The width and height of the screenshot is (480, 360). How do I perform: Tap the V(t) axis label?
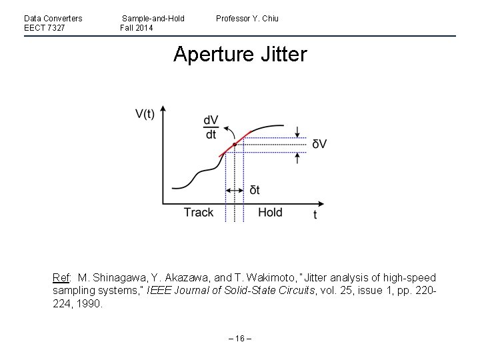[x=145, y=114]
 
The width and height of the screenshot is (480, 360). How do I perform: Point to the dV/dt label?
[x=211, y=127]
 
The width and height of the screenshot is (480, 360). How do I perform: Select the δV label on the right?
[x=319, y=145]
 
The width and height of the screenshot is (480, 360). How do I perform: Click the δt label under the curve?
[x=255, y=191]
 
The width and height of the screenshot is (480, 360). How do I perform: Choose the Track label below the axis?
[x=199, y=213]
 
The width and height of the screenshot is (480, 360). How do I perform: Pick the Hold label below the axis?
[x=270, y=213]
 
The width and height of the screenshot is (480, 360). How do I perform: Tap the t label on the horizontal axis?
[x=315, y=215]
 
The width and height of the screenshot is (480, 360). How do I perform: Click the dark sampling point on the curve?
[x=235, y=144]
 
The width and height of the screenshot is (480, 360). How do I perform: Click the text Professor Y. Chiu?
[x=247, y=18]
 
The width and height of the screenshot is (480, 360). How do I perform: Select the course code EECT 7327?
[x=45, y=28]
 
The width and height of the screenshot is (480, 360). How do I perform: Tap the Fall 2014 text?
[x=137, y=28]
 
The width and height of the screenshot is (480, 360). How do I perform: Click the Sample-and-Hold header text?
[x=153, y=18]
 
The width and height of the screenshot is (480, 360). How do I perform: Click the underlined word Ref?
[x=61, y=277]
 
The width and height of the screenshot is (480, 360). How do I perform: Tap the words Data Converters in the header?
[x=53, y=18]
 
